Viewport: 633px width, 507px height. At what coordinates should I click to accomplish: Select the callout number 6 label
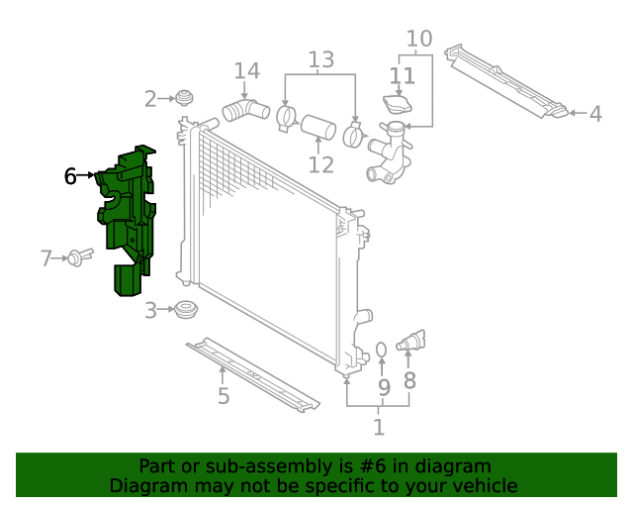pyautogui.click(x=70, y=176)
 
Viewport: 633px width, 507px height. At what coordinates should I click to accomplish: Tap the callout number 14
pyautogui.click(x=246, y=71)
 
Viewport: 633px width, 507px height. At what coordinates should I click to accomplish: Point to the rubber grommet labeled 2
pyautogui.click(x=182, y=98)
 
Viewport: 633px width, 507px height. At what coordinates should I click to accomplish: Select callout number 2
pyautogui.click(x=150, y=99)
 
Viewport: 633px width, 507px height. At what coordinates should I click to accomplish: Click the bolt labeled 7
pyautogui.click(x=79, y=257)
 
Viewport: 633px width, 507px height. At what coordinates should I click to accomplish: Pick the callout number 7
pyautogui.click(x=45, y=258)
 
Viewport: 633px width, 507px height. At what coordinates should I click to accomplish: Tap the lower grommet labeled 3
pyautogui.click(x=183, y=310)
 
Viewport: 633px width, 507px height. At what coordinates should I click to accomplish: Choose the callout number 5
pyautogui.click(x=224, y=396)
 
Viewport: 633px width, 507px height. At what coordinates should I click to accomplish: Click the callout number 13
pyautogui.click(x=320, y=60)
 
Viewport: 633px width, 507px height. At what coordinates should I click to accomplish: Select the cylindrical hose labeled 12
pyautogui.click(x=318, y=129)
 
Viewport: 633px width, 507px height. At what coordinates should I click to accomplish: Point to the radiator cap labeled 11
pyautogui.click(x=398, y=104)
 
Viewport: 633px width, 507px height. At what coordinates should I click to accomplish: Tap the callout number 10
pyautogui.click(x=419, y=39)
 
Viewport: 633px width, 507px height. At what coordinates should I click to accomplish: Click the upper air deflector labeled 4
pyautogui.click(x=504, y=81)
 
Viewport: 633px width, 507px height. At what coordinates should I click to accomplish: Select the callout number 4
pyautogui.click(x=594, y=115)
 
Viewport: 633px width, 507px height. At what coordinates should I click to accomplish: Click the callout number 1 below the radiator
pyautogui.click(x=378, y=427)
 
